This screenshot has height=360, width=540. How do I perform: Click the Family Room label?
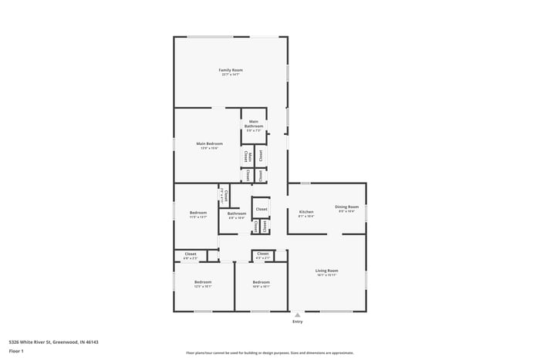(230, 70)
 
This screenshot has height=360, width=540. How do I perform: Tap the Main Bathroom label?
(254, 125)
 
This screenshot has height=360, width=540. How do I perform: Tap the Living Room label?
(327, 271)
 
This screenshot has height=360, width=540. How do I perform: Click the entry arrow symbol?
(297, 315)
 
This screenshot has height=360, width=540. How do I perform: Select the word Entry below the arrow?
(297, 321)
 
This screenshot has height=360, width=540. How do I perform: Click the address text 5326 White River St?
(53, 341)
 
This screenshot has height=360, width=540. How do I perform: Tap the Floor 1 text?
(16, 351)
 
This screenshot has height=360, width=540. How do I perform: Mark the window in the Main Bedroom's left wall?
(174, 144)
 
